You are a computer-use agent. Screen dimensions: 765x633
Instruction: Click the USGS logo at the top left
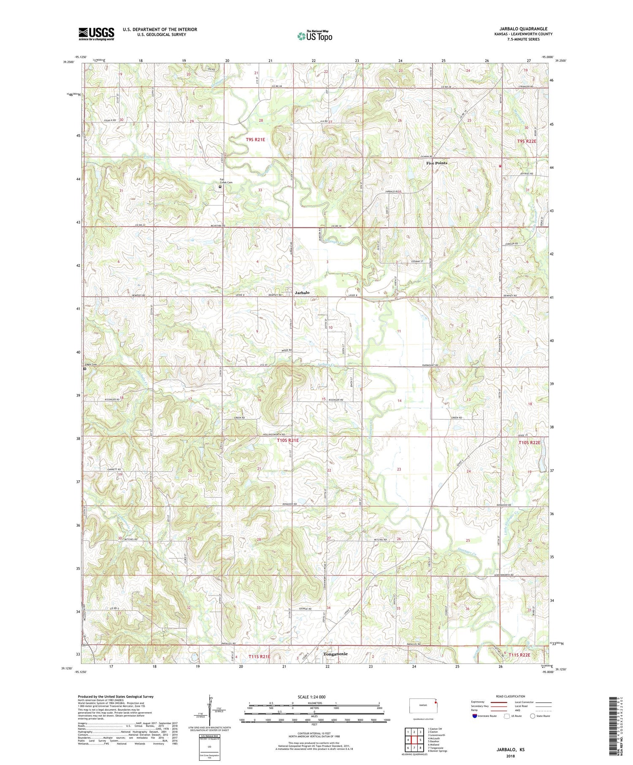click(x=96, y=34)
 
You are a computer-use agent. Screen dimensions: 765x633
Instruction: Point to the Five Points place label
click(x=436, y=163)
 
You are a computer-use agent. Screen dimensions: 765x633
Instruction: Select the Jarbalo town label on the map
click(x=302, y=292)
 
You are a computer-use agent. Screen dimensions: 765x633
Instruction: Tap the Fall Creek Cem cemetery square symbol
click(x=220, y=187)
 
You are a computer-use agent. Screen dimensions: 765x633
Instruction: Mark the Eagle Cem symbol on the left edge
click(x=85, y=368)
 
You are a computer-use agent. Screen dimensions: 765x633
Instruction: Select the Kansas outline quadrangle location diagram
click(x=423, y=705)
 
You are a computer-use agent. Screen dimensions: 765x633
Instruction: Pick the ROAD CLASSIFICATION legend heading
click(x=511, y=696)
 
